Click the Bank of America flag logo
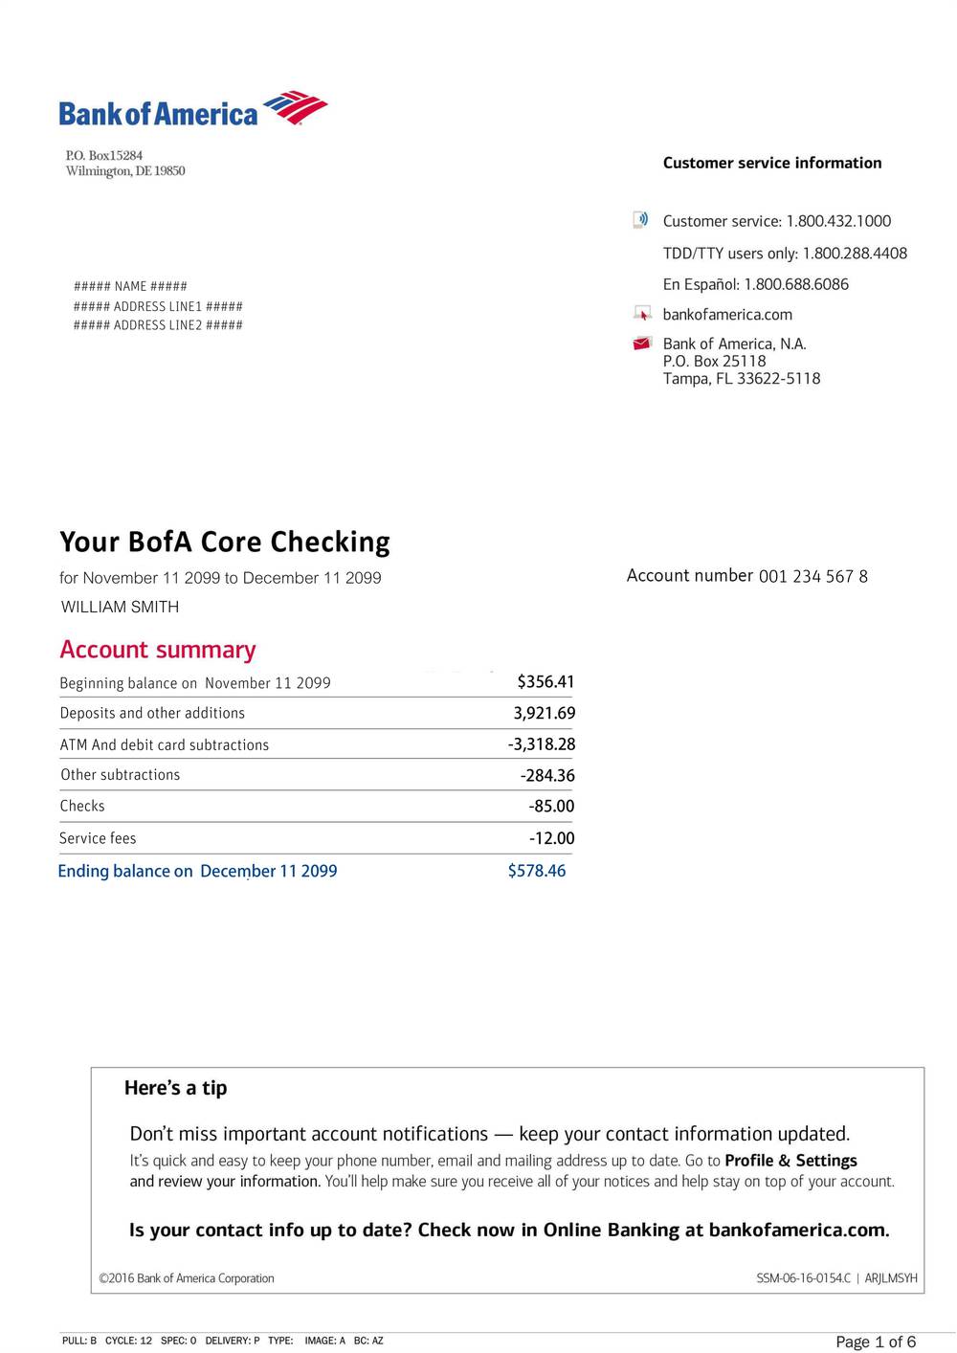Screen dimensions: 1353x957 pyautogui.click(x=296, y=107)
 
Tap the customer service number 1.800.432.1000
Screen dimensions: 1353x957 pyautogui.click(x=838, y=221)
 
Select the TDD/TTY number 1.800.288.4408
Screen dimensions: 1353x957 pyautogui.click(x=855, y=254)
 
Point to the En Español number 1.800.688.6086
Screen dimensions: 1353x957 pyautogui.click(x=796, y=284)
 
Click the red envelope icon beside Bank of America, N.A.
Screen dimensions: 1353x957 pyautogui.click(x=642, y=344)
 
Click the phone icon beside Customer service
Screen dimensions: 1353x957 pyautogui.click(x=641, y=220)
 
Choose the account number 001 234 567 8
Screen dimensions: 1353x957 pyautogui.click(x=813, y=576)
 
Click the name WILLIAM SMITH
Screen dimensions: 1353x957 pyautogui.click(x=120, y=607)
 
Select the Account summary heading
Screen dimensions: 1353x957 pyautogui.click(x=158, y=650)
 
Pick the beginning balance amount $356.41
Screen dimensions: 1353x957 pyautogui.click(x=545, y=682)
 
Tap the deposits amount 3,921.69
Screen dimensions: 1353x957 pyautogui.click(x=545, y=713)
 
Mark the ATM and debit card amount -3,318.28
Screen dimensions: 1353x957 pyautogui.click(x=542, y=744)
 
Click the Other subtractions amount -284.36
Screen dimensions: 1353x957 pyautogui.click(x=547, y=776)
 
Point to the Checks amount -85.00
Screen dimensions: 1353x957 pyautogui.click(x=551, y=807)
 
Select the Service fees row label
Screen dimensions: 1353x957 pyautogui.click(x=98, y=838)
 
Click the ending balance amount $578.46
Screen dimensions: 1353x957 pyautogui.click(x=537, y=871)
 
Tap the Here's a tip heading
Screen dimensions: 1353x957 pyautogui.click(x=176, y=1088)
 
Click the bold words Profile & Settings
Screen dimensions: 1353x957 pyautogui.click(x=790, y=1161)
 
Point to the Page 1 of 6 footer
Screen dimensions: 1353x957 pyautogui.click(x=876, y=1342)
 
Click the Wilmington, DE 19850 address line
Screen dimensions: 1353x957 pyautogui.click(x=125, y=171)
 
